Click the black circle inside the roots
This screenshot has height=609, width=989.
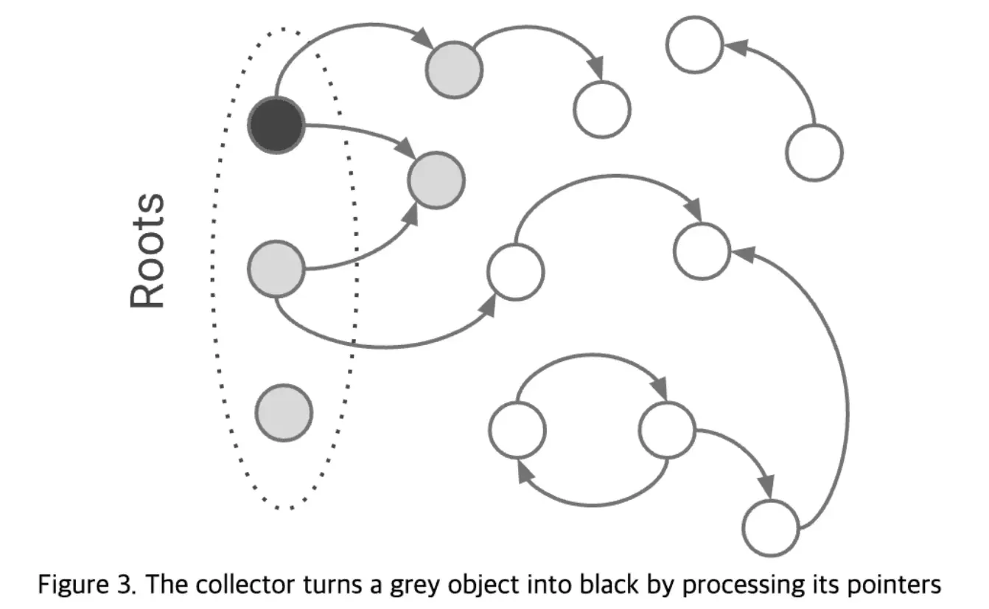pos(276,126)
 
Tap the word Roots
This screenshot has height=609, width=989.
pos(147,251)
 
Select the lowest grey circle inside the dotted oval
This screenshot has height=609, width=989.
pos(284,413)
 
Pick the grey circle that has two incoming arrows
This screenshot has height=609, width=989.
pos(436,179)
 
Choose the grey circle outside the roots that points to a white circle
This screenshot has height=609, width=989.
pos(453,69)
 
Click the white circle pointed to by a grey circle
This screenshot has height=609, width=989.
pos(602,109)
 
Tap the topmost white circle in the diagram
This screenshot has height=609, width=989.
pos(694,44)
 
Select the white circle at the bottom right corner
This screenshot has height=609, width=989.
pos(771,528)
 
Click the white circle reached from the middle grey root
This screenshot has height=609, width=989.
pos(516,271)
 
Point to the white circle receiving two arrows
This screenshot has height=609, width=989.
pos(702,251)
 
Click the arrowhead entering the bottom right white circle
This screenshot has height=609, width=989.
pos(766,487)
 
